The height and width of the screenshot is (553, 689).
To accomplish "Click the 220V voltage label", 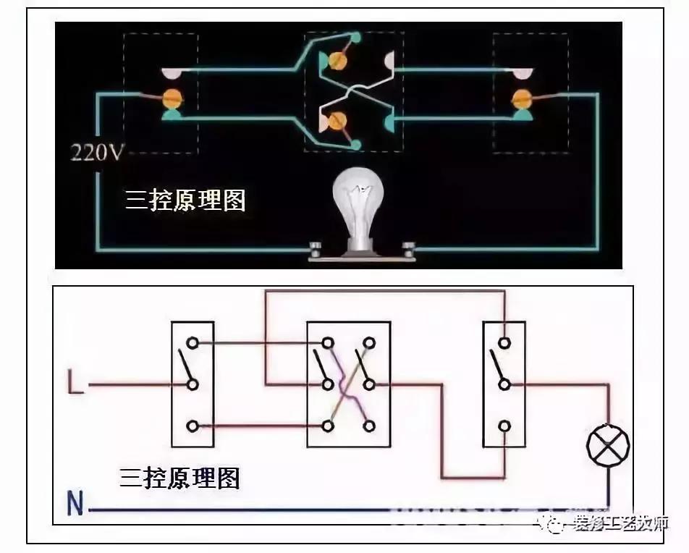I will [x=96, y=153].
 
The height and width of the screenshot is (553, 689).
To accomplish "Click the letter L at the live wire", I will [x=75, y=383].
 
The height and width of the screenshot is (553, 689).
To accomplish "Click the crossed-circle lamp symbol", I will [x=607, y=444].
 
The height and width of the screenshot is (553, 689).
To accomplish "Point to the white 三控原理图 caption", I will [x=185, y=200].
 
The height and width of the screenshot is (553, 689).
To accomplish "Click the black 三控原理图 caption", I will [x=179, y=478].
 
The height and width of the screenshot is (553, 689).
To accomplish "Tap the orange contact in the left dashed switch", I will [x=172, y=96].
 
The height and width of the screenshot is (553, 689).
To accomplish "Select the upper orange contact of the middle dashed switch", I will [x=337, y=61].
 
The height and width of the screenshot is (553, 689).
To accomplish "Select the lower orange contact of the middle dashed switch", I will [x=337, y=121].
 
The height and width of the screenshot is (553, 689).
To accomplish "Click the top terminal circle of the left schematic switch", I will [x=192, y=342].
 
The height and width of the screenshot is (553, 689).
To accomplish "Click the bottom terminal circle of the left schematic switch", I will [x=192, y=426].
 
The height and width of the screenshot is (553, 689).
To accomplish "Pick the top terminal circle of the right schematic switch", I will [x=504, y=342].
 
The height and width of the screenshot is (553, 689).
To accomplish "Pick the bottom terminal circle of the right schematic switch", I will [x=504, y=426].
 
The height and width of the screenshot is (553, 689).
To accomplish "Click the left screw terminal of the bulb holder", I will [x=316, y=250].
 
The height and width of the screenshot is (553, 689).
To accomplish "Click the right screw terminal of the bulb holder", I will [x=410, y=250].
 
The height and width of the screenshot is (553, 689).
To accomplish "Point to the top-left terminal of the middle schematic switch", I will [x=328, y=342].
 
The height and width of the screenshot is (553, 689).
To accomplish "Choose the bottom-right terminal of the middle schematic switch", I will [x=369, y=426].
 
